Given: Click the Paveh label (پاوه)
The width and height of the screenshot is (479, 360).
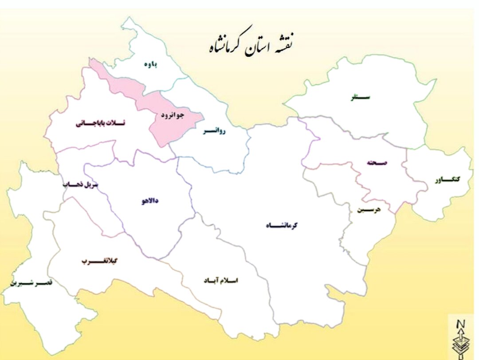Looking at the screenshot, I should click(x=151, y=64).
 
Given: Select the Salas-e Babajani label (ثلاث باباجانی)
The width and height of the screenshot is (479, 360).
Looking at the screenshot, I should click(x=100, y=123).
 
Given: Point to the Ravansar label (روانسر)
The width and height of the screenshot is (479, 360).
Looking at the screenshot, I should click(x=214, y=132).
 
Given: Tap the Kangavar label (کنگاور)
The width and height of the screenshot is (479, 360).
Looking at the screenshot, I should click(x=447, y=179).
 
